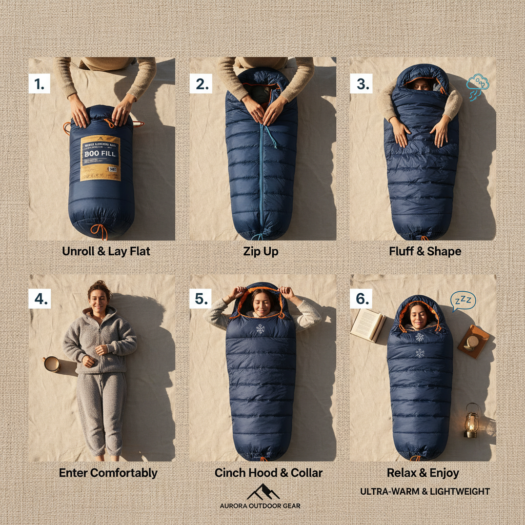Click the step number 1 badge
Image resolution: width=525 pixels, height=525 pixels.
[x=39, y=84]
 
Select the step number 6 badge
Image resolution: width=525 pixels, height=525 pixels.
[x=361, y=299]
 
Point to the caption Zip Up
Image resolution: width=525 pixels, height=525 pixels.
[x=260, y=251]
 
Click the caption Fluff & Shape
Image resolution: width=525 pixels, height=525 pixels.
[x=425, y=251]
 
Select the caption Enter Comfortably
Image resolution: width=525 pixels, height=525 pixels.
[x=108, y=473]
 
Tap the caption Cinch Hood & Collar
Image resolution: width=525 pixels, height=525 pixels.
[x=268, y=473]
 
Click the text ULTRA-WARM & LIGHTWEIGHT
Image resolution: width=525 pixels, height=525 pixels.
[x=425, y=492]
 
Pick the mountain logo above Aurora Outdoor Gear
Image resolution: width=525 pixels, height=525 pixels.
[x=262, y=492]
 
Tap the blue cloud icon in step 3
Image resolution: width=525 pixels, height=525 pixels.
[x=478, y=84]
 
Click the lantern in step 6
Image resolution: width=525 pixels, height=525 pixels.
[x=472, y=420]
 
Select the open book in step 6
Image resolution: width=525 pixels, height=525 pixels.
[x=368, y=325]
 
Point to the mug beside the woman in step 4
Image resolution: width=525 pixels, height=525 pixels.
[x=51, y=364]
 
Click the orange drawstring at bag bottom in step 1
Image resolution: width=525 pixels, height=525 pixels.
[x=101, y=230]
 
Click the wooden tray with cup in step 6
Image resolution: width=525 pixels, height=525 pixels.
[x=474, y=341]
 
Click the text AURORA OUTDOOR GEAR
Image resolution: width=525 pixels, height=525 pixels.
[x=260, y=506]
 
